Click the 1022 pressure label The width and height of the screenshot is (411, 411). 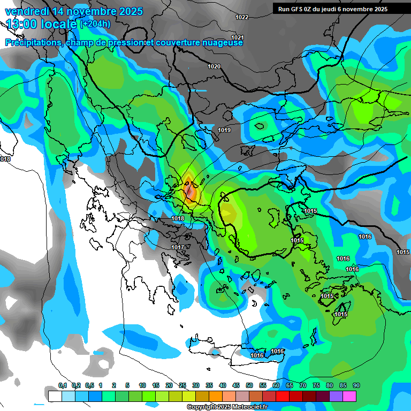click(242, 17)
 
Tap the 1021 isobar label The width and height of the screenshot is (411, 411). click(238, 37)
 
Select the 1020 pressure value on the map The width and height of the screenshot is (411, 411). click(214, 66)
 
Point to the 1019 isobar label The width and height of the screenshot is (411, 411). click(224, 131)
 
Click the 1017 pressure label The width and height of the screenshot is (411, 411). click(178, 247)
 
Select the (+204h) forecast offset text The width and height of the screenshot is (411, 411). click(96, 24)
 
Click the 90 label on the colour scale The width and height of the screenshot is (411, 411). click(356, 386)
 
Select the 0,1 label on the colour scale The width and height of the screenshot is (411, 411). click(62, 386)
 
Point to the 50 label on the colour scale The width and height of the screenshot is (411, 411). click(249, 386)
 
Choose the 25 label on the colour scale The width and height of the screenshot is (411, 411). click(182, 386)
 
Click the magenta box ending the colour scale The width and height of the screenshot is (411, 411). click(349, 396)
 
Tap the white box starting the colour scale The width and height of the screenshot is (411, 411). click(55, 396)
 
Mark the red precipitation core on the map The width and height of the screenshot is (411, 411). click(190, 190)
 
